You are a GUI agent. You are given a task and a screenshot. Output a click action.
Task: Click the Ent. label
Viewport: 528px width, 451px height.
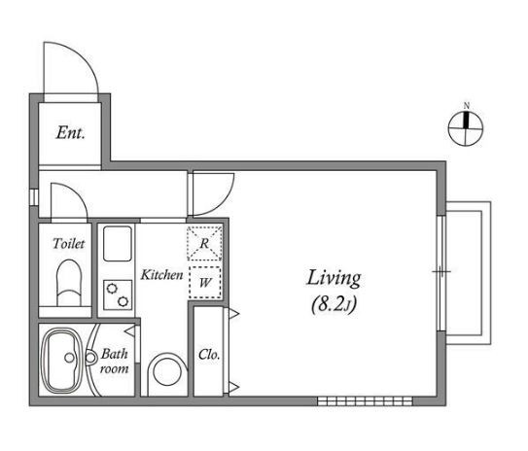(70, 132)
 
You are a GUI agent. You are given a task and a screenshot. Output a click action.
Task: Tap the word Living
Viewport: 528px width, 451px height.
(334, 279)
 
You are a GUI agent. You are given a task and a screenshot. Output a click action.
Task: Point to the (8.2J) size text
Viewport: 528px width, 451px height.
(334, 305)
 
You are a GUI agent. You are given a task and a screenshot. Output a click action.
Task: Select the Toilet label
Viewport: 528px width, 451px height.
(68, 243)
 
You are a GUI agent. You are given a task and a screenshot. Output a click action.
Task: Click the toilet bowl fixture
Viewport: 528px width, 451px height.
(69, 283)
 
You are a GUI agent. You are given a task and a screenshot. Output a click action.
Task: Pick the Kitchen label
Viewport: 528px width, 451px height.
(161, 275)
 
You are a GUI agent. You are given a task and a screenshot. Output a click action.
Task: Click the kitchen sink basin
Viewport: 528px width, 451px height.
(118, 244)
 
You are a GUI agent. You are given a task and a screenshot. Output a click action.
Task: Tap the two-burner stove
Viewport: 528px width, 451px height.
(118, 295)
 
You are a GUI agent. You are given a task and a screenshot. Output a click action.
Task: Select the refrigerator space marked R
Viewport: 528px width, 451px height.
(204, 243)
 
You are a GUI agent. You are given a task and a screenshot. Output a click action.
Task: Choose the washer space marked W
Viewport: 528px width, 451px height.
(205, 283)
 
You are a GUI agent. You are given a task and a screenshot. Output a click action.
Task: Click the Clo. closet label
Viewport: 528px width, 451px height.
(209, 355)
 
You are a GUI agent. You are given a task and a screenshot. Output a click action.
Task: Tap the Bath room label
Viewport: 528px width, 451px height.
(114, 362)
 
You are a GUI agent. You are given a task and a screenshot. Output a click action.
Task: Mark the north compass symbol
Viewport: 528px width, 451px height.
(466, 128)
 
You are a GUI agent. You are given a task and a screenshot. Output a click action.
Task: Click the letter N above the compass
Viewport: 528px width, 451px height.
(466, 105)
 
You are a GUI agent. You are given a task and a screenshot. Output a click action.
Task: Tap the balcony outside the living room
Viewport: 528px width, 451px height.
(468, 273)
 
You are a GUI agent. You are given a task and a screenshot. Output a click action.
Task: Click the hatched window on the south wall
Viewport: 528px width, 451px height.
(365, 400)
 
